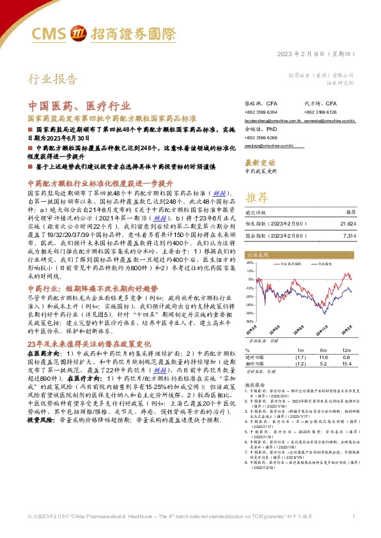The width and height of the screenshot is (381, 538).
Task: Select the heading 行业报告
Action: (x=52, y=79)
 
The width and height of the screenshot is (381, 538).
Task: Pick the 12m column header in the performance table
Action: (x=346, y=350)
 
